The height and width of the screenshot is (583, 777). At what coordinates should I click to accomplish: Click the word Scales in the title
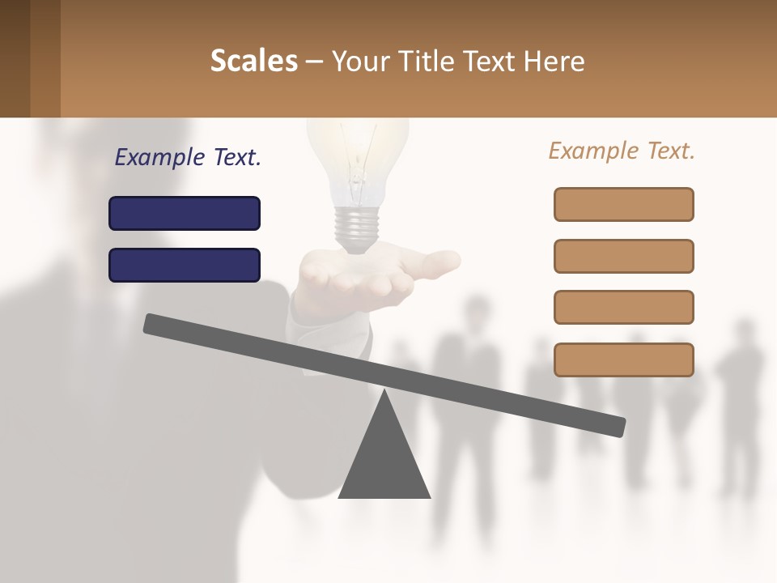tap(253, 61)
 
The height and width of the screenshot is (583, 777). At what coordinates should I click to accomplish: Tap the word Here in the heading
tap(554, 61)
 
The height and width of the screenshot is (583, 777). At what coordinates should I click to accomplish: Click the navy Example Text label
tap(188, 157)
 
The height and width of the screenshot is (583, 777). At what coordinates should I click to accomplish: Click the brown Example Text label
tap(622, 151)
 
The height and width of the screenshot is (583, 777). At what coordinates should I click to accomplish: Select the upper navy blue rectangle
tap(185, 213)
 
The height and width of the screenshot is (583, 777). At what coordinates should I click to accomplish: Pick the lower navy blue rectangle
tap(185, 265)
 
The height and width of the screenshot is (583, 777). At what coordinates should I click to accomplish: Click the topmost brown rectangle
tap(623, 204)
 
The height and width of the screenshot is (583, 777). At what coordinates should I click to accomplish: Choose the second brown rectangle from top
tap(623, 256)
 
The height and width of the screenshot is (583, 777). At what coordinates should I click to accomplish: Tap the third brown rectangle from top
tap(623, 308)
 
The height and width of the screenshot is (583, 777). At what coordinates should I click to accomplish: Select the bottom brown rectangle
tap(623, 360)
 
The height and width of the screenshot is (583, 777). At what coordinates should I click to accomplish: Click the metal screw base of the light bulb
tap(357, 226)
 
